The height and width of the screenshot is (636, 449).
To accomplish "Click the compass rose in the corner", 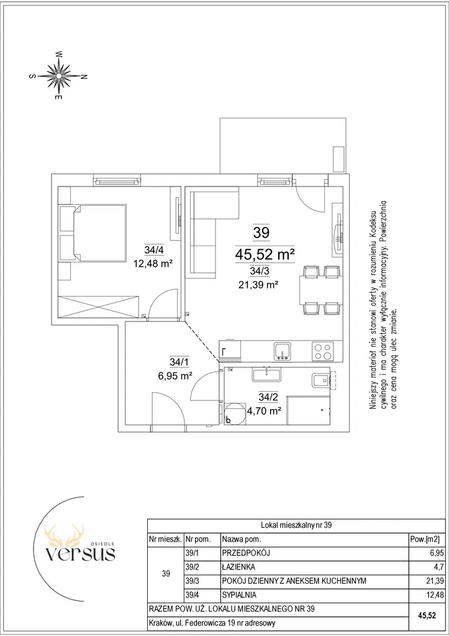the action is click(x=58, y=75).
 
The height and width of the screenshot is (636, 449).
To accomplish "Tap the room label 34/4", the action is click(x=153, y=249).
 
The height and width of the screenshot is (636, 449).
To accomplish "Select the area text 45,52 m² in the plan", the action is click(x=265, y=254).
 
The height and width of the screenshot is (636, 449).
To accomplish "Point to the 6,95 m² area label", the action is click(x=175, y=376).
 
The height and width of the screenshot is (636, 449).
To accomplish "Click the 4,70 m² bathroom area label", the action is click(x=264, y=411).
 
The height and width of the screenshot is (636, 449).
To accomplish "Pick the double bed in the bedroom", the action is click(x=93, y=233).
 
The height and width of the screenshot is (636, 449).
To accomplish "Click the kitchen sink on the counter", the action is click(x=282, y=351).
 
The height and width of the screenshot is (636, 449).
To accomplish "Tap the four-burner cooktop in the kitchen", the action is click(x=323, y=351).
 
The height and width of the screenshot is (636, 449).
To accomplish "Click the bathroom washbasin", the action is click(x=266, y=374).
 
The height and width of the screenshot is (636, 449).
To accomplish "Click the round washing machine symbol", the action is click(x=235, y=413).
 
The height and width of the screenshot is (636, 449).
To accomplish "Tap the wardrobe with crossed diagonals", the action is click(x=99, y=307).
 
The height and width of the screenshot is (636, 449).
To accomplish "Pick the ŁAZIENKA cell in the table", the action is click(x=238, y=567).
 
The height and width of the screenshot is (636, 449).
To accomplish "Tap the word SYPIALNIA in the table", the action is click(x=239, y=595).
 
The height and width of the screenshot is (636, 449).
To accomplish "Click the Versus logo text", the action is click(x=80, y=553).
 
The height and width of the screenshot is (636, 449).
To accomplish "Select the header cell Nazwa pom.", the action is click(x=242, y=539).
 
